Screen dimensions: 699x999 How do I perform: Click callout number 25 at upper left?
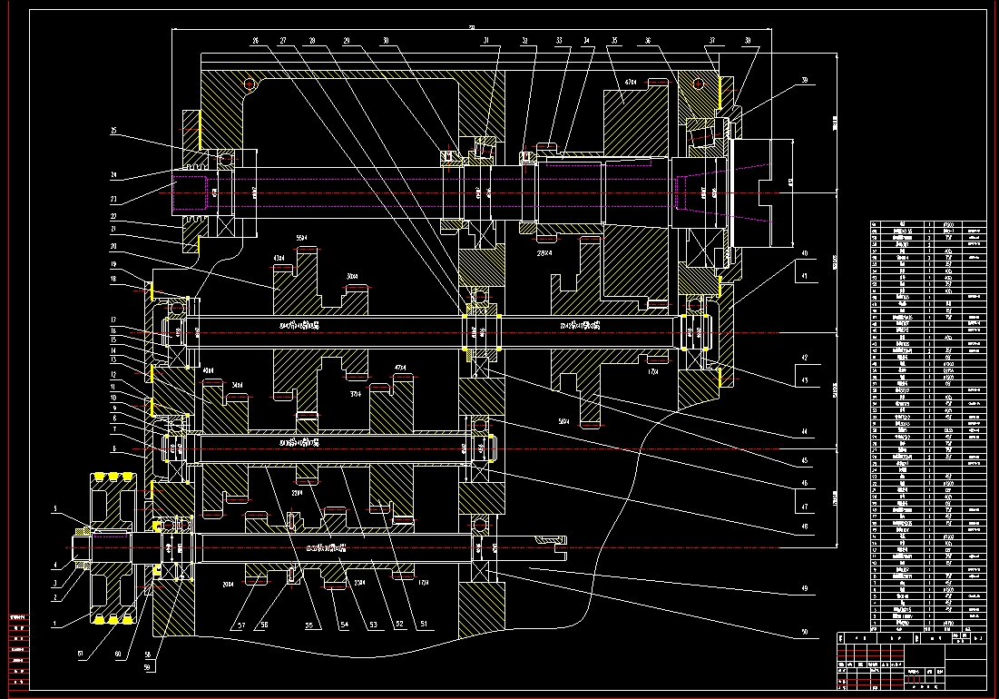coord(114,132)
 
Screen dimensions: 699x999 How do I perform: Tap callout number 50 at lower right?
coord(803,630)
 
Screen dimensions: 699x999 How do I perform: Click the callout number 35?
coord(614,40)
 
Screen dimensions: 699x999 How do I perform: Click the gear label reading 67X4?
coord(631,82)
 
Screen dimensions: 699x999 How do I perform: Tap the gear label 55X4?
coord(303,238)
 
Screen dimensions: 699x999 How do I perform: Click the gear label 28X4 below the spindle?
coord(545,252)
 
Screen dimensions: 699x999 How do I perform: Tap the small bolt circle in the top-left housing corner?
coord(251,85)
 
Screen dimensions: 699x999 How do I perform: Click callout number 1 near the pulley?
coord(54,625)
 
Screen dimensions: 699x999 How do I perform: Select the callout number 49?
coord(803,587)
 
